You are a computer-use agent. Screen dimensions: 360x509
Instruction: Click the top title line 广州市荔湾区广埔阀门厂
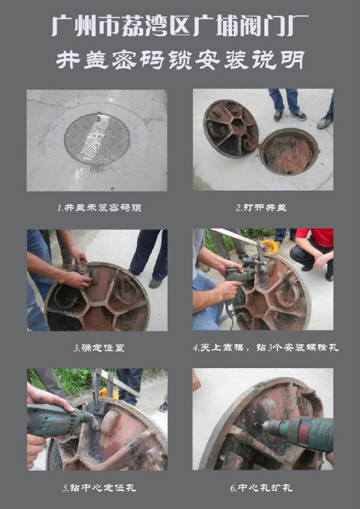click(180, 26)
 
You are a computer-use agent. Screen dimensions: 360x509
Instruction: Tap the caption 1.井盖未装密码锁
click(99, 208)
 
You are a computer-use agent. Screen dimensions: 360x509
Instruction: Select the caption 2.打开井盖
click(262, 208)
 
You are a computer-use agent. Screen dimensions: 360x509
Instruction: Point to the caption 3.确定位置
click(99, 348)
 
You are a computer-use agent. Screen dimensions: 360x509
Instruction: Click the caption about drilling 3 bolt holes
click(265, 348)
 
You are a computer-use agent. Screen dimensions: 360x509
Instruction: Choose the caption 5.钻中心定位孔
click(99, 488)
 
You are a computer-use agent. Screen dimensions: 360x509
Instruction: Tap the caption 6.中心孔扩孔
click(262, 488)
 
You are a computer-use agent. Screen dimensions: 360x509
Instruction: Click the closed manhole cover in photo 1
click(97, 139)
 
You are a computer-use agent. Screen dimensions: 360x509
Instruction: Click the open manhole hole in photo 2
click(289, 152)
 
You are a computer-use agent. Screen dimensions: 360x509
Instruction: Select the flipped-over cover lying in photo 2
click(231, 128)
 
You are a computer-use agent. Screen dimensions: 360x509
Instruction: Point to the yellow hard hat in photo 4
click(271, 247)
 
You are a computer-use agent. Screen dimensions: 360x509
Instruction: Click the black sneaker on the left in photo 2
click(277, 116)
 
